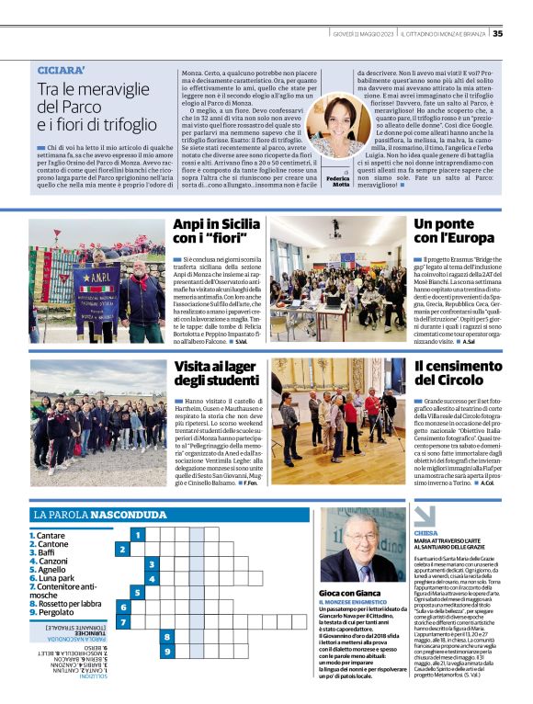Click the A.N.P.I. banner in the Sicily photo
pyautogui.click(x=96, y=287)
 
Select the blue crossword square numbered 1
pyautogui.click(x=137, y=534)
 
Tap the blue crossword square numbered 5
pyautogui.click(x=137, y=593)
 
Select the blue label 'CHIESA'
pyautogui.click(x=426, y=532)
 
